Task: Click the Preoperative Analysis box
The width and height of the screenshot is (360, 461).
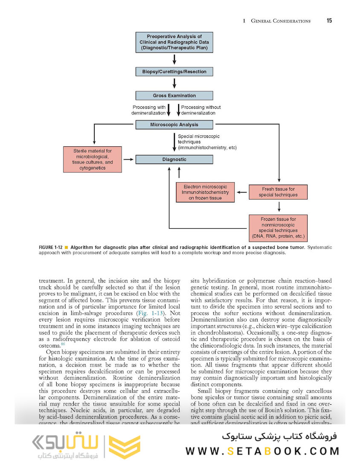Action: pyautogui.click(x=174, y=43)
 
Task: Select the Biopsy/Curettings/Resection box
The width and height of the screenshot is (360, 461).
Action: pyautogui.click(x=174, y=72)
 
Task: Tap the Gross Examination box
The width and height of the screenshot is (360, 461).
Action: pyautogui.click(x=174, y=96)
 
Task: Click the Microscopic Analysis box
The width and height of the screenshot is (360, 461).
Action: pyautogui.click(x=174, y=125)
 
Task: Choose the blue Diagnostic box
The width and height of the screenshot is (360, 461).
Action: pyautogui.click(x=174, y=159)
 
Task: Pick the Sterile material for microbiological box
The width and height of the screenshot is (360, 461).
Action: pyautogui.click(x=93, y=159)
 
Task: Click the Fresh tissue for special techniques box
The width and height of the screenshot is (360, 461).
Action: pyautogui.click(x=278, y=192)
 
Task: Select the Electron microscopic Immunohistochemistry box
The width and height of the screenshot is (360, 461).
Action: pyautogui.click(x=205, y=192)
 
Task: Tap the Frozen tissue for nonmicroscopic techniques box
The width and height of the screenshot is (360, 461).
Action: pyautogui.click(x=278, y=228)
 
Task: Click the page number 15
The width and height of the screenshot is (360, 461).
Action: pyautogui.click(x=329, y=20)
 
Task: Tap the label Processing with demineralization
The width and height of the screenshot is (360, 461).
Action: pyautogui.click(x=148, y=110)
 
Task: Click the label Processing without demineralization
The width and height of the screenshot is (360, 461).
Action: pyautogui.click(x=201, y=110)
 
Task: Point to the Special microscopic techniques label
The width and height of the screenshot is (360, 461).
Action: pyautogui.click(x=207, y=142)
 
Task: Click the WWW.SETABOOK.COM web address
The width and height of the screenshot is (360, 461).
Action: pyautogui.click(x=262, y=451)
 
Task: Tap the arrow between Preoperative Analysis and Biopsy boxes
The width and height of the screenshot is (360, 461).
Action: pyautogui.click(x=174, y=59)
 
